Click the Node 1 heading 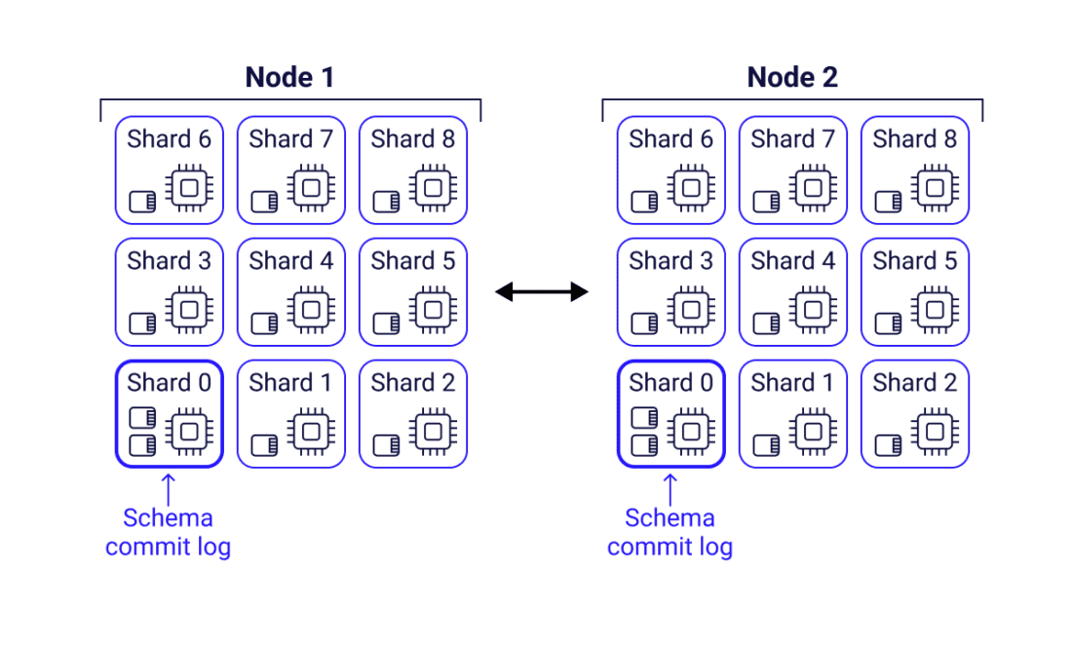pos(289,77)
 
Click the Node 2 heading pos(791,77)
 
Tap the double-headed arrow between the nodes pos(542,291)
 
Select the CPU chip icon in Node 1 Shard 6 pos(191,187)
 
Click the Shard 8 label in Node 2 pos(914,139)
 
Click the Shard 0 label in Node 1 pos(169,383)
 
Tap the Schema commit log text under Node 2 pos(670,532)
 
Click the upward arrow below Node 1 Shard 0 pos(169,488)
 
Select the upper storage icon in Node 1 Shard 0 pos(142,418)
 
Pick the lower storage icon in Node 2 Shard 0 pos(644,445)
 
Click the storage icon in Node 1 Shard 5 pos(386,323)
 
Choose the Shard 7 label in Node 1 pos(290,139)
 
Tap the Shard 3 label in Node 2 pos(670,261)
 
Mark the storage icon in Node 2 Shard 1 pos(766,445)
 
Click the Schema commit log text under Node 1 pos(168,532)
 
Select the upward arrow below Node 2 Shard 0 pos(670,488)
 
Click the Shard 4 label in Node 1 pos(290,261)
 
